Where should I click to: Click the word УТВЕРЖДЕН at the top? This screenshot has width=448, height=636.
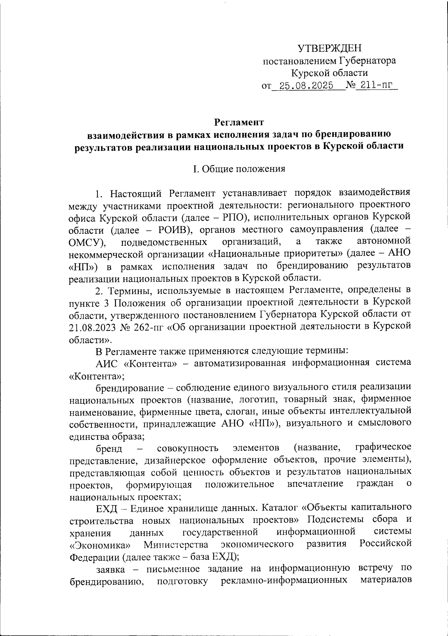(x=330, y=48)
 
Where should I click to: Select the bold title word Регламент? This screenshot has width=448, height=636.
(x=239, y=122)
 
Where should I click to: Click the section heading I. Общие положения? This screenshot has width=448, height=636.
(x=239, y=169)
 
